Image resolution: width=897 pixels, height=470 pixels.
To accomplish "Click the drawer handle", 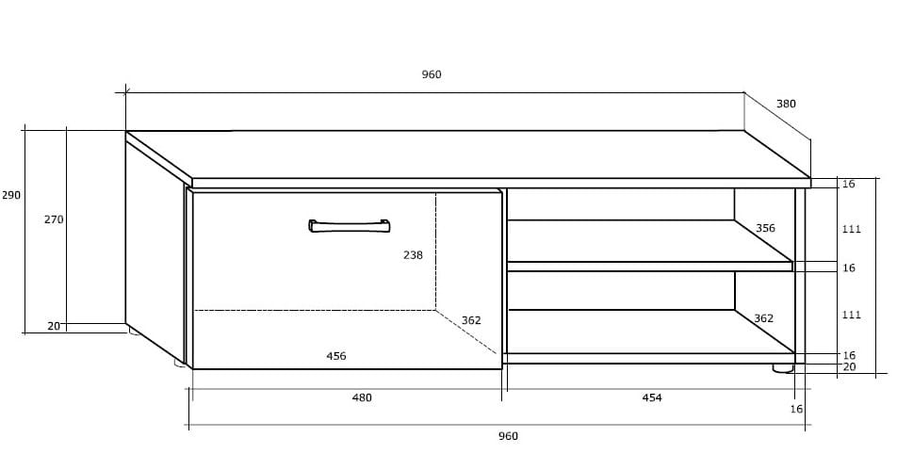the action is (349, 225).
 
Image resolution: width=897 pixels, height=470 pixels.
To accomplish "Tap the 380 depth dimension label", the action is (786, 104).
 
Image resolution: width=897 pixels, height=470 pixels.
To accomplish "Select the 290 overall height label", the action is (11, 195).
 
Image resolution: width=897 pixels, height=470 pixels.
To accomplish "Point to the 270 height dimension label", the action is (54, 219).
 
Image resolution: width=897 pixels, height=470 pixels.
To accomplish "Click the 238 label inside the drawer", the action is (413, 255).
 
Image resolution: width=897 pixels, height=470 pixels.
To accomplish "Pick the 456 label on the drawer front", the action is (336, 356).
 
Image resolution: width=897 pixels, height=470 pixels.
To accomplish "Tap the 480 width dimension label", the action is (362, 397).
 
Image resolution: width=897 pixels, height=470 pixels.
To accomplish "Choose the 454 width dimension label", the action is (652, 397).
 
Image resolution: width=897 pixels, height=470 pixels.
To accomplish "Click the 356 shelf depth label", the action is (765, 228).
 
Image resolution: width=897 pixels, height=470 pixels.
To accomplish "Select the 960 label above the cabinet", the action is (432, 74).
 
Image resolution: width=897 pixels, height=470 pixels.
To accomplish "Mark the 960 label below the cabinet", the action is (508, 436).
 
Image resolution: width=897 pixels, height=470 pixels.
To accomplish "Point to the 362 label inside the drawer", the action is (471, 320).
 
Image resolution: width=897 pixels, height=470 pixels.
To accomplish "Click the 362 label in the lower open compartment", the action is (764, 318).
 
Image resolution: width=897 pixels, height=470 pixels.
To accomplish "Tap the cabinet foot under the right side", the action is (783, 368).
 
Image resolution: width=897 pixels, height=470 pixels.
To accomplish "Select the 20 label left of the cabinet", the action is (54, 326).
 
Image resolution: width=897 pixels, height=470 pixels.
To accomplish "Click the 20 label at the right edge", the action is (850, 366).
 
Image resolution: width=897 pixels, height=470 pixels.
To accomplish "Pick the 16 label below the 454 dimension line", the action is (796, 409).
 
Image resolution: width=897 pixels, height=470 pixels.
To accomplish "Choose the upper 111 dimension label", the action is (851, 229).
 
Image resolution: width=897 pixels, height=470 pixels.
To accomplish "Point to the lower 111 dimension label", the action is (851, 315).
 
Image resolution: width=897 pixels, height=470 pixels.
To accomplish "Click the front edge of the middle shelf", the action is (650, 267).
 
